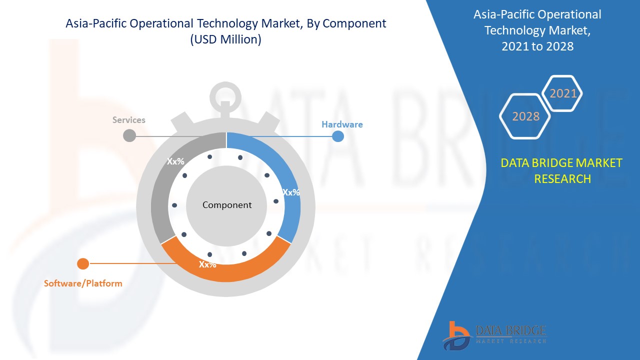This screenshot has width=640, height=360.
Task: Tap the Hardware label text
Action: (342, 124)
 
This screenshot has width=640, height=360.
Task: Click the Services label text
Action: (128, 120)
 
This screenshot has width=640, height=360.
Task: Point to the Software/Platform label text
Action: (83, 283)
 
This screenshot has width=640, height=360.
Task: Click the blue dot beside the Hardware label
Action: (338, 136)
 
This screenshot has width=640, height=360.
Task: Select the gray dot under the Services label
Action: (129, 135)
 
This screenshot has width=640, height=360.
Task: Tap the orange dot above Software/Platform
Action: (83, 263)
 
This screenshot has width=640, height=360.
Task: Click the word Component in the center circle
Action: (227, 205)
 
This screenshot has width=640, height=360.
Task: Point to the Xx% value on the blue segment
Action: (291, 192)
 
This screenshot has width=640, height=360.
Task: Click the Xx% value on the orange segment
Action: (207, 264)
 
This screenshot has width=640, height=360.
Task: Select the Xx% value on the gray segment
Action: (175, 161)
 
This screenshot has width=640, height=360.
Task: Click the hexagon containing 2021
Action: (563, 93)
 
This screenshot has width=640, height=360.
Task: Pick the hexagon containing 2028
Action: (525, 116)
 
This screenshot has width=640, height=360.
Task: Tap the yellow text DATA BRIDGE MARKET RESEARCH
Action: (562, 170)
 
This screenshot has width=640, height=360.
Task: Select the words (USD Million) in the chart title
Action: (225, 39)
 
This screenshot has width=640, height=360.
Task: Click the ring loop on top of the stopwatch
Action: (225, 93)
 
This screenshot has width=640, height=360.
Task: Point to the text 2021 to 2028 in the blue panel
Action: (537, 46)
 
